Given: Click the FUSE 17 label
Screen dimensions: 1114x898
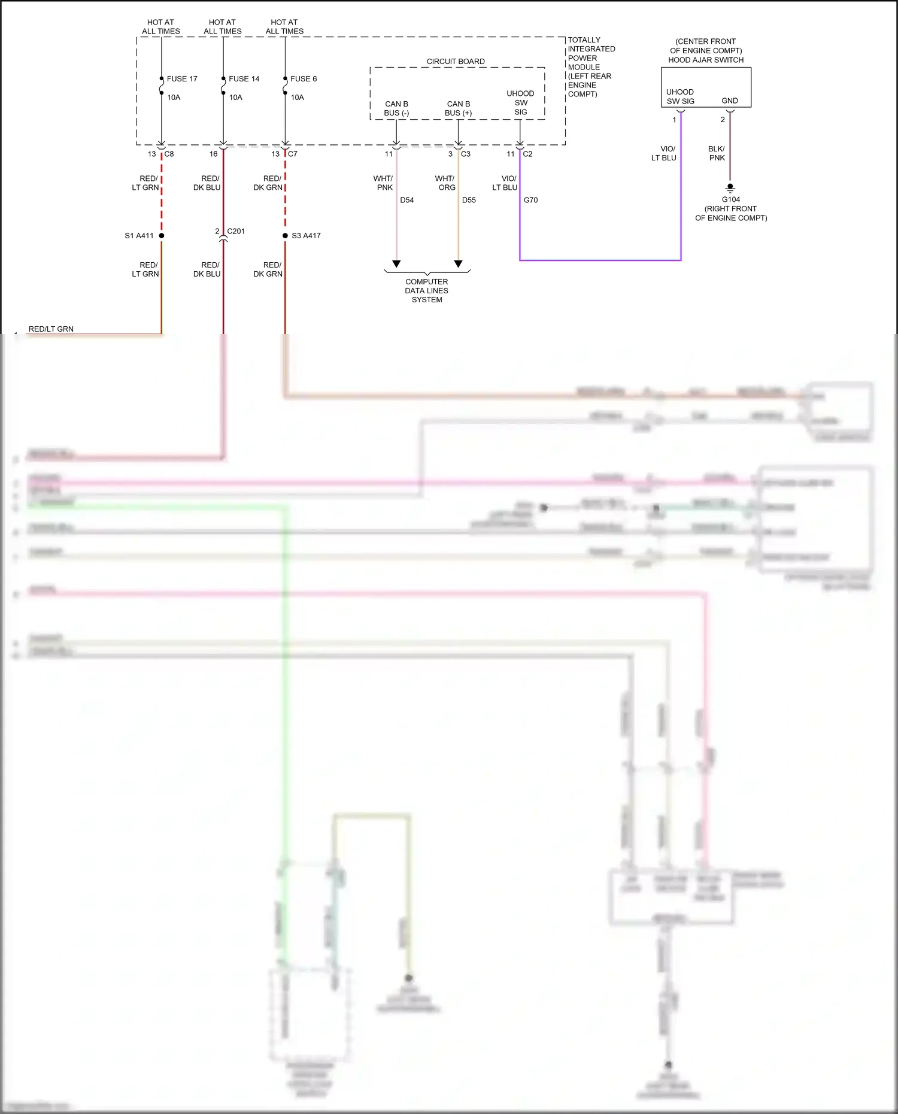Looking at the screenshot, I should [181, 79].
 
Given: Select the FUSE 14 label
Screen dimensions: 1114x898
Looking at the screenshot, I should [244, 79].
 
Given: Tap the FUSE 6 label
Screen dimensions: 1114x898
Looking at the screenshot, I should [304, 79].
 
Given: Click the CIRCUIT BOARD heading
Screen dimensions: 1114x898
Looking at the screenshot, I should [456, 62].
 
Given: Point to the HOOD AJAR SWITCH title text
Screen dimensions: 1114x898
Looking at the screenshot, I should [706, 60].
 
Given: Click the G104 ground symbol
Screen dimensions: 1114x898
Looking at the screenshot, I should [730, 187].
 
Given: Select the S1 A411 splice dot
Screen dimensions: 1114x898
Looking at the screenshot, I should [162, 236].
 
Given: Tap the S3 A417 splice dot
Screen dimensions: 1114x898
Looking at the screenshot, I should [286, 236].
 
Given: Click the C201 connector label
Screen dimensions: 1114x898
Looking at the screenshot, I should [236, 231].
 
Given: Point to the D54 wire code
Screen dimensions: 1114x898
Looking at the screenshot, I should [407, 200].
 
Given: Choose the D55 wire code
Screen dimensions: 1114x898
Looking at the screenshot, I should [469, 200].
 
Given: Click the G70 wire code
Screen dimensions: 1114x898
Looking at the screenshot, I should [531, 200].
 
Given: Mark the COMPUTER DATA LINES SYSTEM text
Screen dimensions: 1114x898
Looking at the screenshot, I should [427, 291].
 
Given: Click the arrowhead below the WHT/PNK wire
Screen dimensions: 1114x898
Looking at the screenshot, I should [396, 264].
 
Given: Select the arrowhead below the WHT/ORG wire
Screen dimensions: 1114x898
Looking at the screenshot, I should [459, 264].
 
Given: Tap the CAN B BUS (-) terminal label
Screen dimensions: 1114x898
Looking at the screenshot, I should [396, 108].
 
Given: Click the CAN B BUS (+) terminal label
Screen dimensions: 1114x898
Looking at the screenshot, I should [459, 108].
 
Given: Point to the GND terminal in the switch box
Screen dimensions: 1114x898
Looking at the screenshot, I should [730, 101].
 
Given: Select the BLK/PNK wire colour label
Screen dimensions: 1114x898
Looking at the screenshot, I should [717, 153].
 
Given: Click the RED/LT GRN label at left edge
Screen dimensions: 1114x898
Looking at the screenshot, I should [51, 329].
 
